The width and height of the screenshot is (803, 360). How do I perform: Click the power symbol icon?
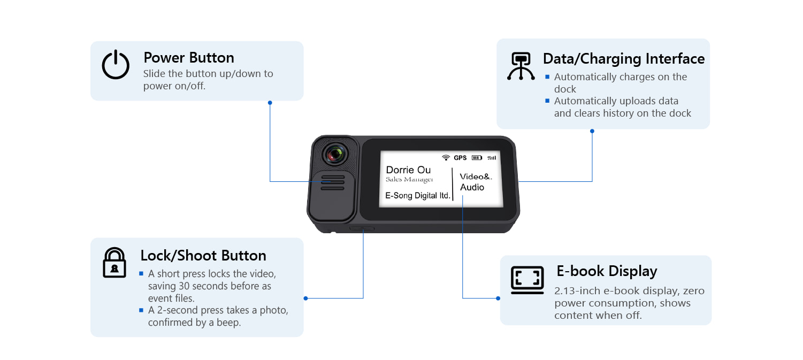pos(116,65)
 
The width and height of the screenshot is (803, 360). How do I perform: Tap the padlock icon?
pos(114,262)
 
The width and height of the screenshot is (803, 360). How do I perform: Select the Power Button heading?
pos(189,58)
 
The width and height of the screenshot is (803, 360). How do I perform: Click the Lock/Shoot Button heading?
pos(203,255)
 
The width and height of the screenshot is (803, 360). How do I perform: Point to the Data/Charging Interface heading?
pos(624,59)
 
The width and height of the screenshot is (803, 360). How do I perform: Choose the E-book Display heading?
pos(607,271)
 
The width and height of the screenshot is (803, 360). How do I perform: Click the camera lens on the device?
pos(335,154)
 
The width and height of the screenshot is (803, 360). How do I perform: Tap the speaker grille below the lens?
pos(333,182)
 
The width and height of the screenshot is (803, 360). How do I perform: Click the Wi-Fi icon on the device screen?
pos(446,158)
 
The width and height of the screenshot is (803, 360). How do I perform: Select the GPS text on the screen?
pos(460,158)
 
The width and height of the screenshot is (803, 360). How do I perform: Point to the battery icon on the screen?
pos(477,158)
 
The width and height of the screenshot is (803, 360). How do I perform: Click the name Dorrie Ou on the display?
pos(408,170)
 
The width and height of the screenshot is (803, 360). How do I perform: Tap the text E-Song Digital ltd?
pos(418,196)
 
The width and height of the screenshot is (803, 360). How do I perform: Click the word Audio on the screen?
pos(472,187)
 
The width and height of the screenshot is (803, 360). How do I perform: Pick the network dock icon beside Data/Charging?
pos(521,66)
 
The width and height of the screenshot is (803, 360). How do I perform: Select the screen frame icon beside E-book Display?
pos(527,279)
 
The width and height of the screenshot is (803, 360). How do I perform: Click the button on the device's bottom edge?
pos(362,228)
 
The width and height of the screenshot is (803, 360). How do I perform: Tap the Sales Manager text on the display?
pos(409,180)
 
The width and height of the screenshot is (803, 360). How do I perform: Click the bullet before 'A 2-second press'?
pos(142,310)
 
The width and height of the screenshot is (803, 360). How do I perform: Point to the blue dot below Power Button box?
pos(270,102)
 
